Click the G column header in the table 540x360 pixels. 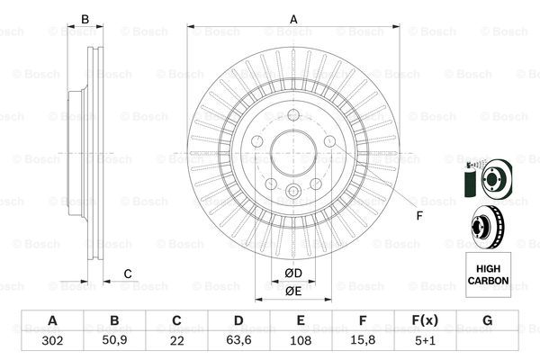click(486, 320)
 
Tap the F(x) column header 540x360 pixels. click(424, 320)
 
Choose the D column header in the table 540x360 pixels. click(238, 320)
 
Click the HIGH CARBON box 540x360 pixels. click(487, 274)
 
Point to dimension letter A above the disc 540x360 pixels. click(292, 19)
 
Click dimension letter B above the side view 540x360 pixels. click(85, 19)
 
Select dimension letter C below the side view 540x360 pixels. click(128, 274)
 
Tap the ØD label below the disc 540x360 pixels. click(292, 273)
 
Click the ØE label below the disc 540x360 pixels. click(292, 291)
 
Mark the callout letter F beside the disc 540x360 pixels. click(419, 214)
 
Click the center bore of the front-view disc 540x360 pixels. click(292, 149)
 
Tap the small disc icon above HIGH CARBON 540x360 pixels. click(486, 224)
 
